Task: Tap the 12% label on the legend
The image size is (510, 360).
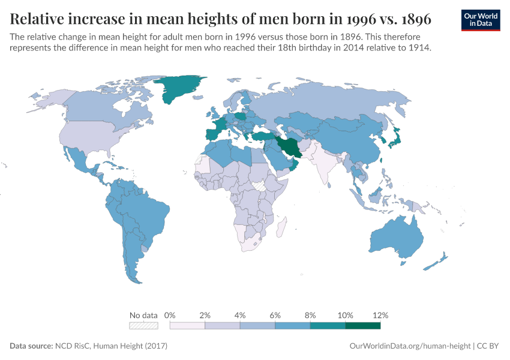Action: [380, 315]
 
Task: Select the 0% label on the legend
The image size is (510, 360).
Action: [170, 315]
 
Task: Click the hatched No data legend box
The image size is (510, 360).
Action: [143, 326]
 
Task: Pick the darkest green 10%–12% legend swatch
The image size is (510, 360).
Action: [362, 326]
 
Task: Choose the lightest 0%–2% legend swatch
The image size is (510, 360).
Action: [187, 326]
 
